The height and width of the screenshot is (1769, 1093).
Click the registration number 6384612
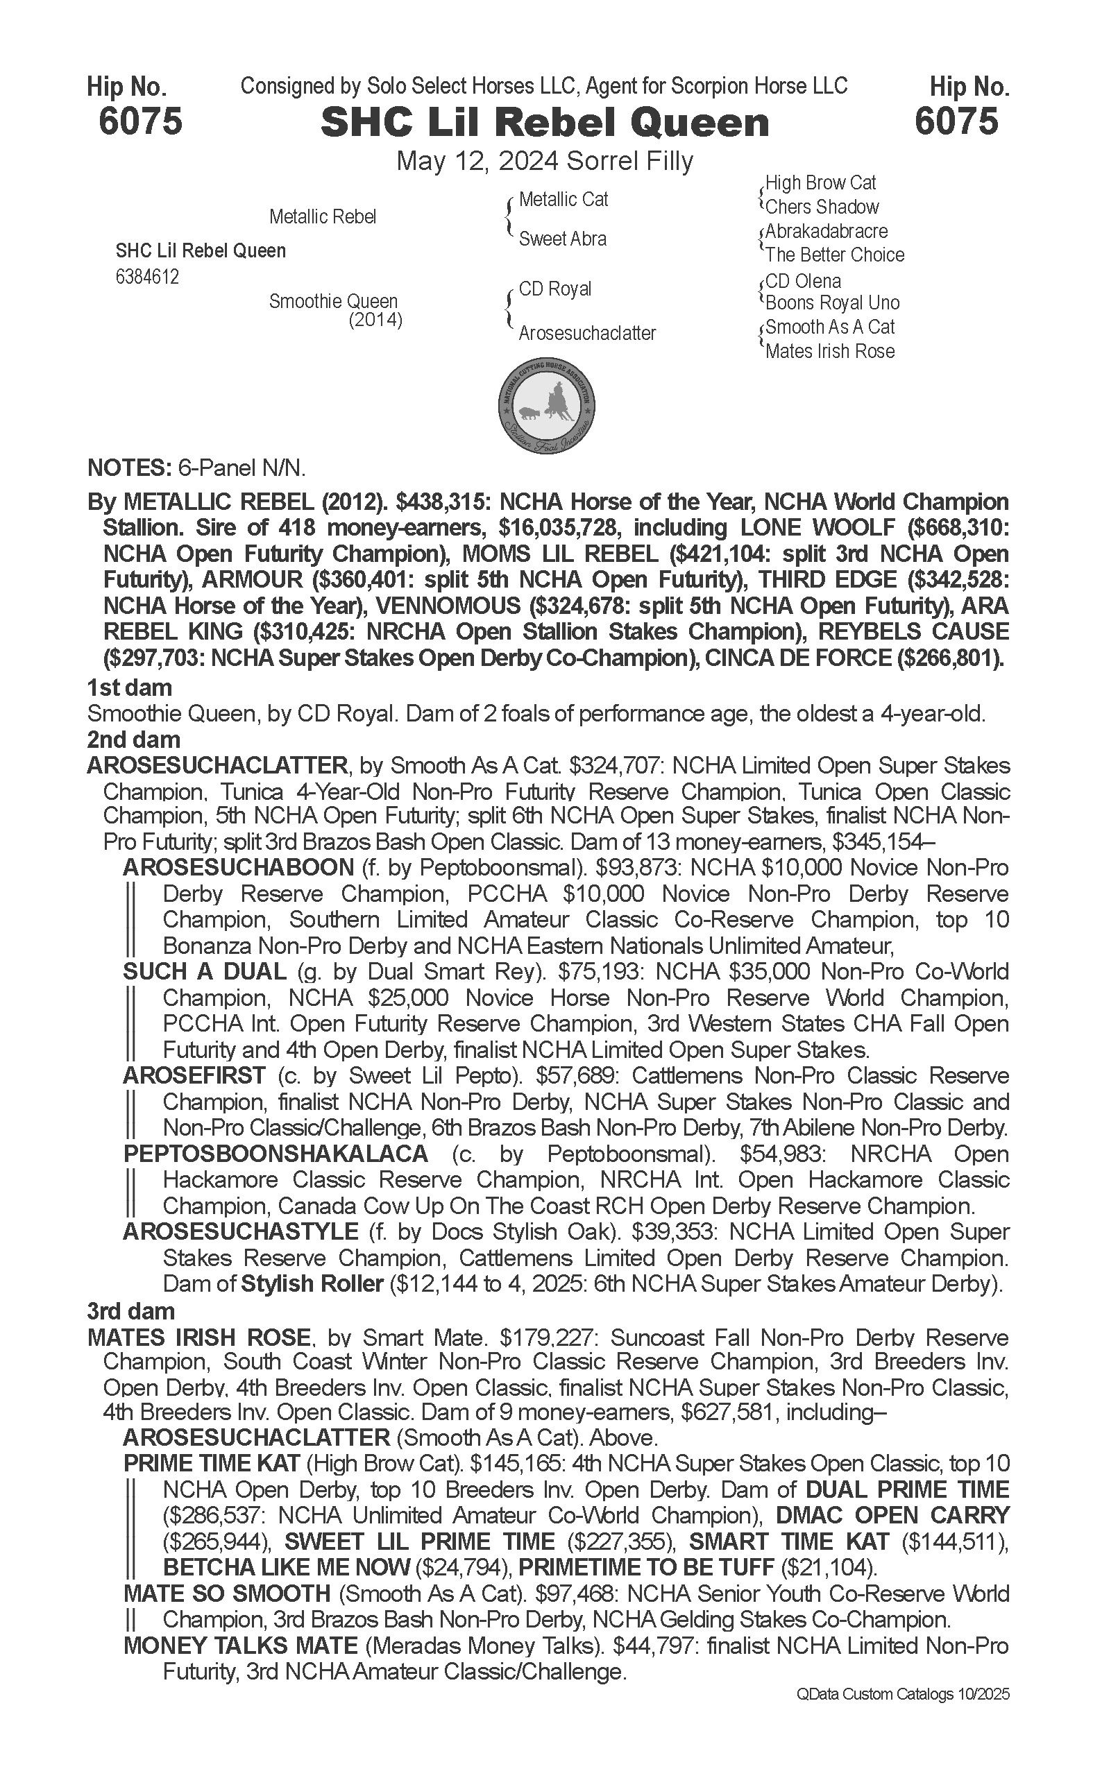146,277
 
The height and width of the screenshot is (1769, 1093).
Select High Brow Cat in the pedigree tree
820,183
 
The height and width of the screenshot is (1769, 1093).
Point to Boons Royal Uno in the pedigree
832,302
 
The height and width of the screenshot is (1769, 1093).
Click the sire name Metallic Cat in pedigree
563,200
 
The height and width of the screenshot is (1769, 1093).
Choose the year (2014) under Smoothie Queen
375,319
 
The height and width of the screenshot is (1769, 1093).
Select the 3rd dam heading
131,1311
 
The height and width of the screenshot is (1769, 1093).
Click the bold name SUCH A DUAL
205,972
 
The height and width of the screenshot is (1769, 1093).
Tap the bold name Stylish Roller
312,1284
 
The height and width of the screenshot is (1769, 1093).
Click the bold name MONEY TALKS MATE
241,1646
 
